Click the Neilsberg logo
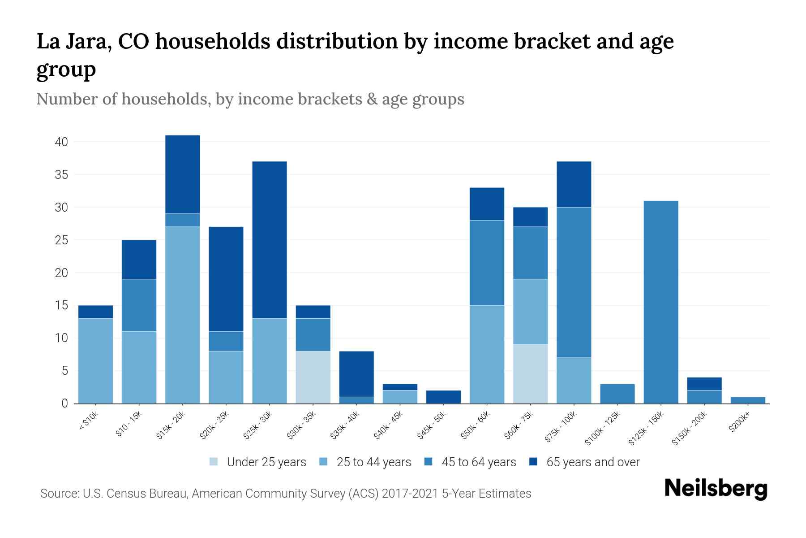pyautogui.click(x=716, y=488)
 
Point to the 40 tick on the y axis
pyautogui.click(x=61, y=142)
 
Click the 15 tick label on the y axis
pyautogui.click(x=61, y=306)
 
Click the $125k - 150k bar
pyautogui.click(x=660, y=302)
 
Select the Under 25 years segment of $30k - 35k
pyautogui.click(x=313, y=377)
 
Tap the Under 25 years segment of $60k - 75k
pyautogui.click(x=530, y=374)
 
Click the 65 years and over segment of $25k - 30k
pyautogui.click(x=270, y=240)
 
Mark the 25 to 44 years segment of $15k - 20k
pyautogui.click(x=182, y=315)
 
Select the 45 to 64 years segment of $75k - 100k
pyautogui.click(x=574, y=282)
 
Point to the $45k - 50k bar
pyautogui.click(x=443, y=397)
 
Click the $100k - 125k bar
pyautogui.click(x=617, y=394)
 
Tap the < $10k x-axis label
pyautogui.click(x=89, y=421)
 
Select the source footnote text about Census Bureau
pyautogui.click(x=285, y=494)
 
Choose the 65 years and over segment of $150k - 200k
pyautogui.click(x=704, y=384)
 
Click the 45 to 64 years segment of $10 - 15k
pyautogui.click(x=139, y=305)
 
